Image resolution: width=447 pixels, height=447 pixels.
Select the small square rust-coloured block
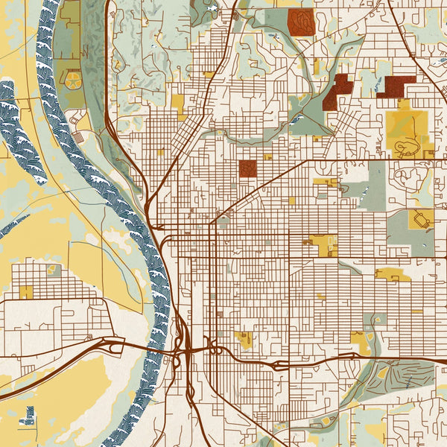pyautogui.click(x=247, y=169)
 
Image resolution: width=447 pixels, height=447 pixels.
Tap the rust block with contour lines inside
pyautogui.click(x=300, y=21)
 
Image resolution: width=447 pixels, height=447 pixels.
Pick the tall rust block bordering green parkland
pyautogui.click(x=337, y=91)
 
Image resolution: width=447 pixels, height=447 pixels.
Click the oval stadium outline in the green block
pyautogui.click(x=422, y=219)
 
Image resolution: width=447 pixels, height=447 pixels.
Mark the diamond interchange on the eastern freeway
pyautogui.click(x=279, y=364)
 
